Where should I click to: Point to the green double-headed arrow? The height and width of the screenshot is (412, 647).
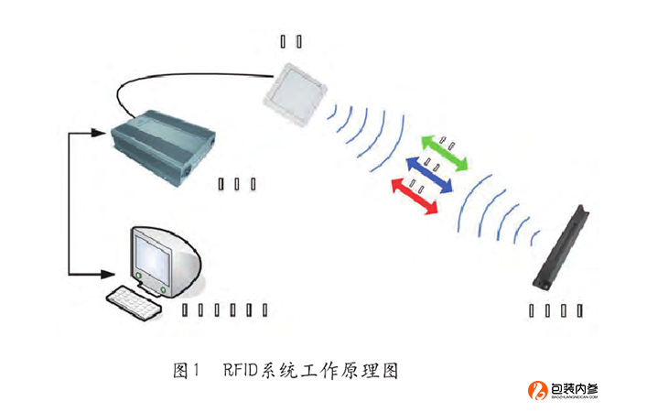[445, 151]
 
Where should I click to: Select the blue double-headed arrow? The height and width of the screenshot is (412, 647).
[430, 173]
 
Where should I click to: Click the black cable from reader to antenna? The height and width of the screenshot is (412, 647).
[183, 80]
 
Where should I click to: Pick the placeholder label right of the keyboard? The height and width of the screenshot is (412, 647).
[224, 309]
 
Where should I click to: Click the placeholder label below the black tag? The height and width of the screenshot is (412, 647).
[555, 309]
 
